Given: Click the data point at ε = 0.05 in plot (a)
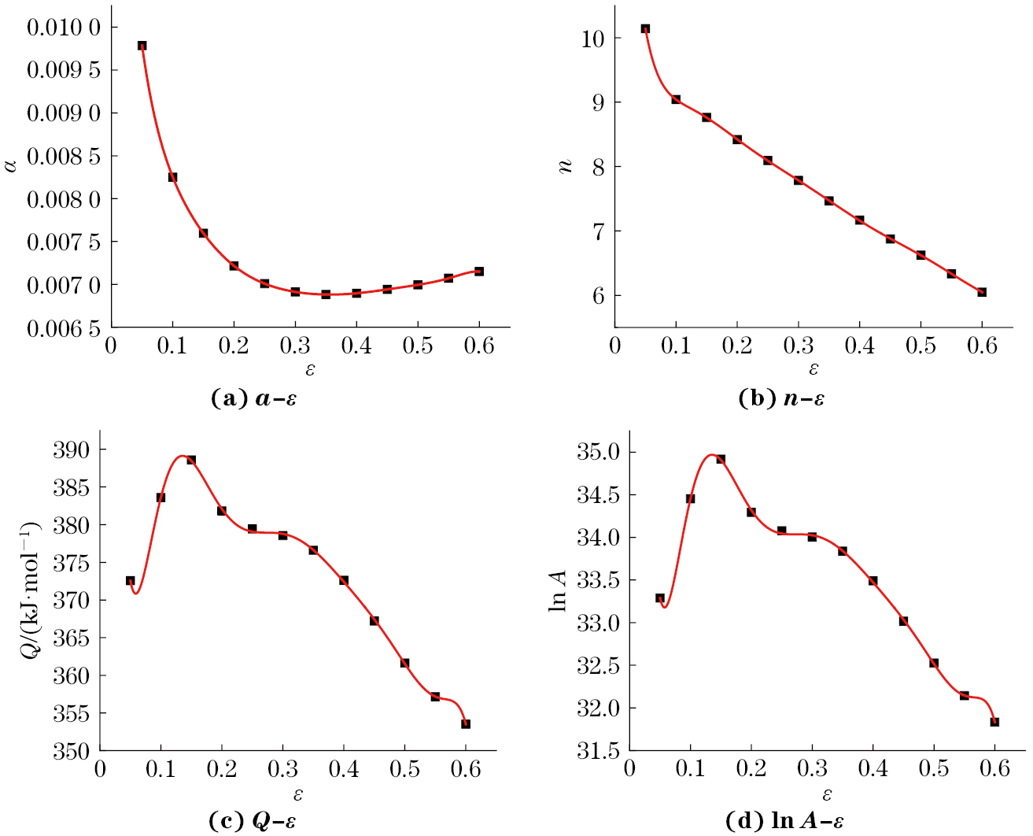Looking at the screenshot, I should tap(142, 46).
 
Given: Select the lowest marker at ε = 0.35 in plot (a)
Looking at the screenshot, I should tap(326, 294).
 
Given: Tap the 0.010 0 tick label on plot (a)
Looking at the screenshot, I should tap(64, 28).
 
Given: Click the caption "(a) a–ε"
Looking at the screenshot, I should tap(253, 399).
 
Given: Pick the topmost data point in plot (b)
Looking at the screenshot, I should tap(645, 29).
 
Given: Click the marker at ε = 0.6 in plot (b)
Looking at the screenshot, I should tap(982, 292).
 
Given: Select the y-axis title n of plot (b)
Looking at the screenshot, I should tap(565, 166).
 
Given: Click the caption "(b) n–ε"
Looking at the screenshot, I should tap(781, 399).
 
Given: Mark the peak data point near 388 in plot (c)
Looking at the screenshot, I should tap(191, 460).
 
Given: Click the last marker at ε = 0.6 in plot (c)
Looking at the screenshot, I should tap(466, 724).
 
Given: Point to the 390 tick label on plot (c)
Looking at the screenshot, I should tap(71, 450).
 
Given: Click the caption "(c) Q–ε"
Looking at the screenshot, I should tap(253, 822).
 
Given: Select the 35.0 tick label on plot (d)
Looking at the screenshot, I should tap(599, 453).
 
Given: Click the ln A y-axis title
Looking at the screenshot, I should tap(558, 590).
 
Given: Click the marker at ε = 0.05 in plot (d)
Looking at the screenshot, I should tap(660, 598).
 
